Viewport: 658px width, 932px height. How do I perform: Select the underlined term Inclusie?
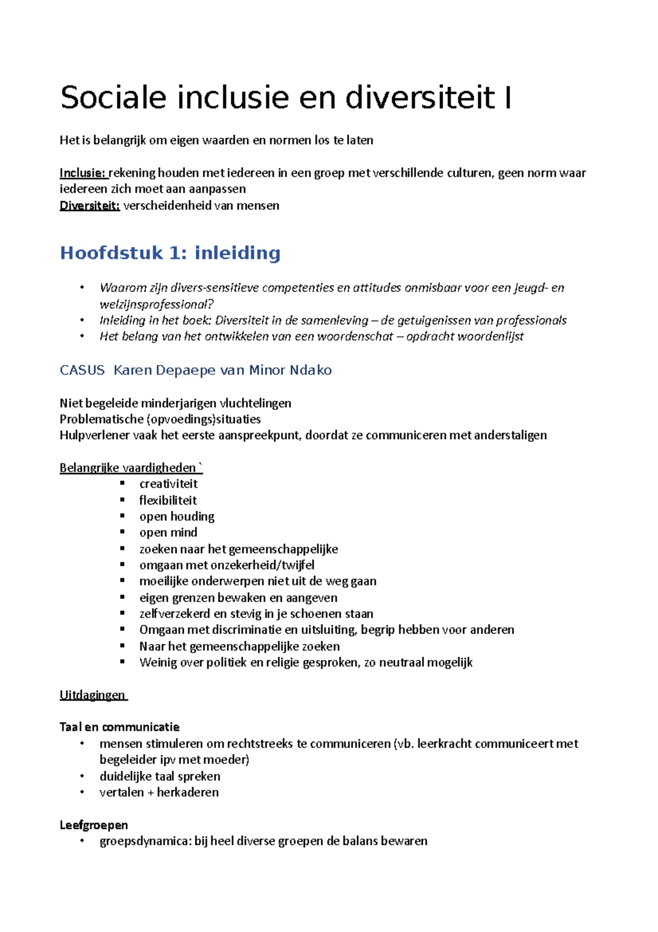pos(83,173)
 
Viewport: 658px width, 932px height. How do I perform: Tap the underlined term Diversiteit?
pos(89,206)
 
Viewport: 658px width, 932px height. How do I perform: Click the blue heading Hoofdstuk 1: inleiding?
pos(170,253)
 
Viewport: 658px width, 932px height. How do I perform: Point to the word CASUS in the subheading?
pos(82,370)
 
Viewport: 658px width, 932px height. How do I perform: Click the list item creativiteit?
pos(168,484)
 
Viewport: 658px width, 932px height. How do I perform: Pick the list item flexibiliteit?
pos(168,501)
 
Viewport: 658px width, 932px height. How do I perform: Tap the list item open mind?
pos(168,532)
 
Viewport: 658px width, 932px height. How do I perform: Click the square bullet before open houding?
pos(123,516)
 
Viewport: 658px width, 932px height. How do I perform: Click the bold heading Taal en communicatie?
pos(120,727)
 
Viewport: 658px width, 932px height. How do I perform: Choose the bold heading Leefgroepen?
pos(94,825)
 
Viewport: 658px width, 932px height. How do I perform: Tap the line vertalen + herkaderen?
pos(159,793)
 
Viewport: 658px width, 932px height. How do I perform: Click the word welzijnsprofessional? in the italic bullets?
pos(156,304)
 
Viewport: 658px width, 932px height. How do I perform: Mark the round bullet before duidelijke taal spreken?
pos(82,776)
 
